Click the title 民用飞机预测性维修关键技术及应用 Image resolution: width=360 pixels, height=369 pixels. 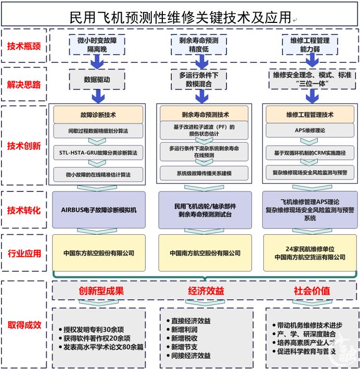pos(180,17)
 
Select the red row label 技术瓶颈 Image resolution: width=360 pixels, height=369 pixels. pos(24,46)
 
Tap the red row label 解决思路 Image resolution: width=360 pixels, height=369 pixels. pos(24,84)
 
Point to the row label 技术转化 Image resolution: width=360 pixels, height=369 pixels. pos(24,210)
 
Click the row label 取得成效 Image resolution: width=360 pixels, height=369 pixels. pos(24,325)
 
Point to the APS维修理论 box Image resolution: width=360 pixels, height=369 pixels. pos(310,130)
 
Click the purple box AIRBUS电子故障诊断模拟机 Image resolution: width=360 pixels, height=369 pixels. pos(99,210)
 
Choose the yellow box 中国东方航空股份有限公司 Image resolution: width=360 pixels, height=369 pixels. pos(99,253)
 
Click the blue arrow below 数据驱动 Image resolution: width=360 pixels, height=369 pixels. pos(97,96)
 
